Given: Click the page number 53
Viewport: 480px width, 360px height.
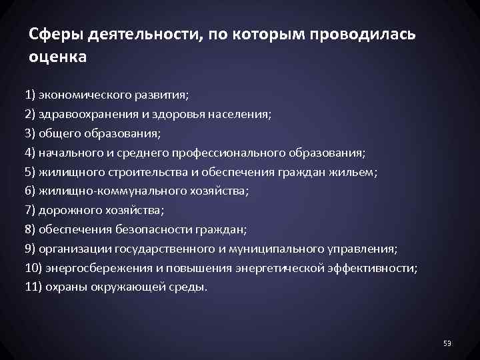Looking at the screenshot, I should [447, 343].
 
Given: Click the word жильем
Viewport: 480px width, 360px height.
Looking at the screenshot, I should [357, 171].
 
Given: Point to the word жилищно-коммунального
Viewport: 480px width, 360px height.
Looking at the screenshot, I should [111, 191].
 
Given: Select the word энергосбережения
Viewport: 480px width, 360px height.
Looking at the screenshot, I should [94, 268].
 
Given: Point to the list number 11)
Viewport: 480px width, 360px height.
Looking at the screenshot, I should [33, 287].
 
